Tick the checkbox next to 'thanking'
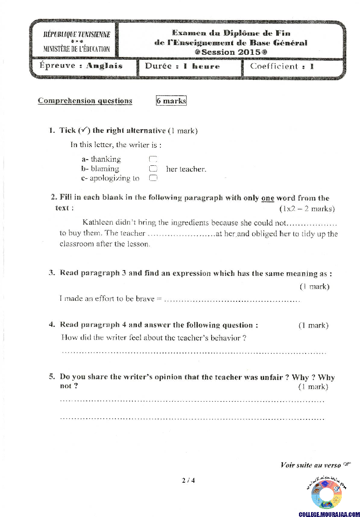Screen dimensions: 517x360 [153, 159]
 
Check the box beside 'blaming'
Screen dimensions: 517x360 [153, 169]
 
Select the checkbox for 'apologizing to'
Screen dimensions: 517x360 [153, 178]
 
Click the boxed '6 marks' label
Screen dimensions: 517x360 [171, 101]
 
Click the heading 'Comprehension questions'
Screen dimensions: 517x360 [85, 101]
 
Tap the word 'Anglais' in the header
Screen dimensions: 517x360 [104, 66]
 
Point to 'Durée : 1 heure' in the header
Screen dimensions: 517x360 [183, 66]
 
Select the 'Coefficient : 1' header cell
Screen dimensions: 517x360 [282, 66]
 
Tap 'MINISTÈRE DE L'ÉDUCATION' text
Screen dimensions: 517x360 [77, 49]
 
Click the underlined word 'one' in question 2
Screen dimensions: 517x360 [267, 198]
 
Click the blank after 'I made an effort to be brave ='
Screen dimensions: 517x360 [232, 299]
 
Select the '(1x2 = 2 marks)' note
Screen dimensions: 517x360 [307, 209]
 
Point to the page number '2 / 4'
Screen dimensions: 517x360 [188, 480]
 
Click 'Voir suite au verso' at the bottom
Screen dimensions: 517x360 [311, 465]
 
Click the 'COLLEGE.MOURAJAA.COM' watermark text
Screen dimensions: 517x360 [329, 514]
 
